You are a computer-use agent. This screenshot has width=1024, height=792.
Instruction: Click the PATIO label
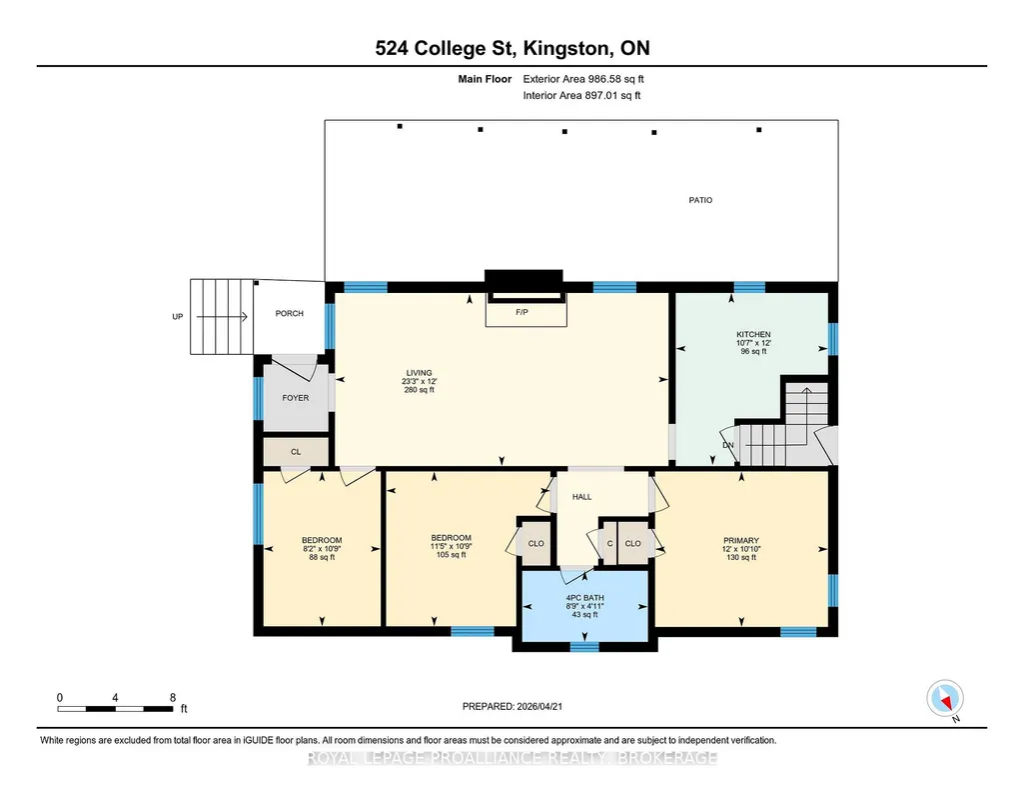[700, 200]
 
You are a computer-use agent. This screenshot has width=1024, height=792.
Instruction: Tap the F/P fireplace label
[521, 312]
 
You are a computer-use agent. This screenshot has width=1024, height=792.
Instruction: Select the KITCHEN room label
[753, 334]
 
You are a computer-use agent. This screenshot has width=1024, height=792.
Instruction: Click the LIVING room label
[420, 373]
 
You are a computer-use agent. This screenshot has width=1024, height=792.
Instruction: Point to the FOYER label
[295, 397]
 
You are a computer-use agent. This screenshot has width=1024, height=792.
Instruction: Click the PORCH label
[290, 314]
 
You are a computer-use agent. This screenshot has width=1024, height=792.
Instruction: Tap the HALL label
[581, 497]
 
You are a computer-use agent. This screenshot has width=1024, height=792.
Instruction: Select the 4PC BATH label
[584, 598]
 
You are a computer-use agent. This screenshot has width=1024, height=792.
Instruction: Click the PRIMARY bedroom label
[741, 540]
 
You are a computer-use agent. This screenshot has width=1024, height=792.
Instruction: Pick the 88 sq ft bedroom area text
[322, 557]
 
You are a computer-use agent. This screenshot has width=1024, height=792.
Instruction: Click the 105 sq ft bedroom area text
[452, 555]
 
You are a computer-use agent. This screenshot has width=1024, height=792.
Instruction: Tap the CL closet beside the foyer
[296, 452]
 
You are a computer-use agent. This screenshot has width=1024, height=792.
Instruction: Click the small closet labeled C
[610, 544]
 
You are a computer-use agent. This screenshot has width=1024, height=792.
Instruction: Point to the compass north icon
[945, 699]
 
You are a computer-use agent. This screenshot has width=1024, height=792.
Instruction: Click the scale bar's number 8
[173, 697]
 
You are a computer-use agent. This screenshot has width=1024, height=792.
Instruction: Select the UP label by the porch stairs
[178, 317]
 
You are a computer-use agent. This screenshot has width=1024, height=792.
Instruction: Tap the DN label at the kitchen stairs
[728, 445]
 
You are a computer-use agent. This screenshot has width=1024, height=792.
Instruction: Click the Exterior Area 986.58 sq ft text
[583, 79]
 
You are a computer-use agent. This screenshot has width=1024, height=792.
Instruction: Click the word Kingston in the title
[567, 48]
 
